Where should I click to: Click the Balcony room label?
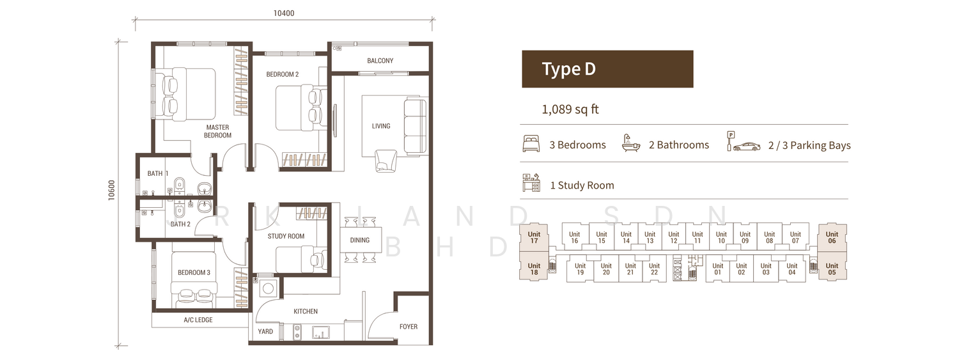pos(380,61)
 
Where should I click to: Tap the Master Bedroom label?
pos(217,131)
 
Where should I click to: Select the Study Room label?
pos(286,237)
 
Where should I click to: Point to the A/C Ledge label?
pos(198,320)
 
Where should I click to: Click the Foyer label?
pos(409,327)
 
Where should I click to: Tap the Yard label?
pos(265,331)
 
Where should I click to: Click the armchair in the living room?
pos(386,160)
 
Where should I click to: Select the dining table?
pos(359,240)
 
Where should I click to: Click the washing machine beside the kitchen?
pos(269,288)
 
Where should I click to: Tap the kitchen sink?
pos(321,332)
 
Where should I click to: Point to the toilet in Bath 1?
pos(179,185)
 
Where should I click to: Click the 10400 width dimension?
pos(284,13)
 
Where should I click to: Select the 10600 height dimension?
pos(112,190)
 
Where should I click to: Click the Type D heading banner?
pos(607,69)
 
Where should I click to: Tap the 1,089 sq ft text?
pos(570,109)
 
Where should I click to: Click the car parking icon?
pos(743,142)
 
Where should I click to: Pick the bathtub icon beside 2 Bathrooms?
pos(631,144)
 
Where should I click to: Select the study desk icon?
pos(531,183)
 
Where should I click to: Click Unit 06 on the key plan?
pos(832,238)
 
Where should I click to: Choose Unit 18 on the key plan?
pos(534,269)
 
